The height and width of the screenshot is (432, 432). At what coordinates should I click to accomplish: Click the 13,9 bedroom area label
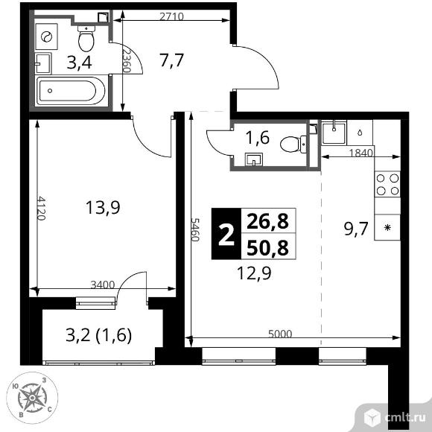point(103,208)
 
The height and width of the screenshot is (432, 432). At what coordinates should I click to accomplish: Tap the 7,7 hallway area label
point(171,60)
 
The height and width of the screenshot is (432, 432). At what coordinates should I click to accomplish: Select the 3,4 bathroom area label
point(80,63)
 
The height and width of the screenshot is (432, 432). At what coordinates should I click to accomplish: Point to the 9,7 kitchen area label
point(356,229)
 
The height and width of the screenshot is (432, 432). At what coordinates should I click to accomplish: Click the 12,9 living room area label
point(254,273)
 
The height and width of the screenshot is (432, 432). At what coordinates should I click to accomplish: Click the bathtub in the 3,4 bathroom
point(71,91)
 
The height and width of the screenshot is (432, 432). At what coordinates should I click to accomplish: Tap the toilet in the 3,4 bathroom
point(86,38)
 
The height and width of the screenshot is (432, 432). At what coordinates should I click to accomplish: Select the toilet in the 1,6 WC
point(293,144)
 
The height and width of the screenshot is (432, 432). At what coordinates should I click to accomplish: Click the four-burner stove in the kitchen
point(387,184)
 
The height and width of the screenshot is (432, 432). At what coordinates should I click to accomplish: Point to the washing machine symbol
point(47,36)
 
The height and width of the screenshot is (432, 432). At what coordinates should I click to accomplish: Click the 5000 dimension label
point(280,334)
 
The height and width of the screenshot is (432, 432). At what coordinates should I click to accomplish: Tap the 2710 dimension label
point(171,16)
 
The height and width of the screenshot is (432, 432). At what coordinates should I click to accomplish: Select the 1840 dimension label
point(361,153)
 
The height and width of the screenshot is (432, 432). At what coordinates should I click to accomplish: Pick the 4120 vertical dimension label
point(41,208)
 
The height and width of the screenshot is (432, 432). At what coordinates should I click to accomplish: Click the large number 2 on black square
point(226,234)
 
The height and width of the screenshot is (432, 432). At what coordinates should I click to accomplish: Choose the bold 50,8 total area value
point(268,247)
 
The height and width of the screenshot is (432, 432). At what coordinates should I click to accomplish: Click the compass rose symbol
point(32,398)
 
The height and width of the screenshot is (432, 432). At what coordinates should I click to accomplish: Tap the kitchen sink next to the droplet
point(334,133)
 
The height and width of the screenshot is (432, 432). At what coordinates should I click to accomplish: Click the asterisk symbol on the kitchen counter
point(387,228)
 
